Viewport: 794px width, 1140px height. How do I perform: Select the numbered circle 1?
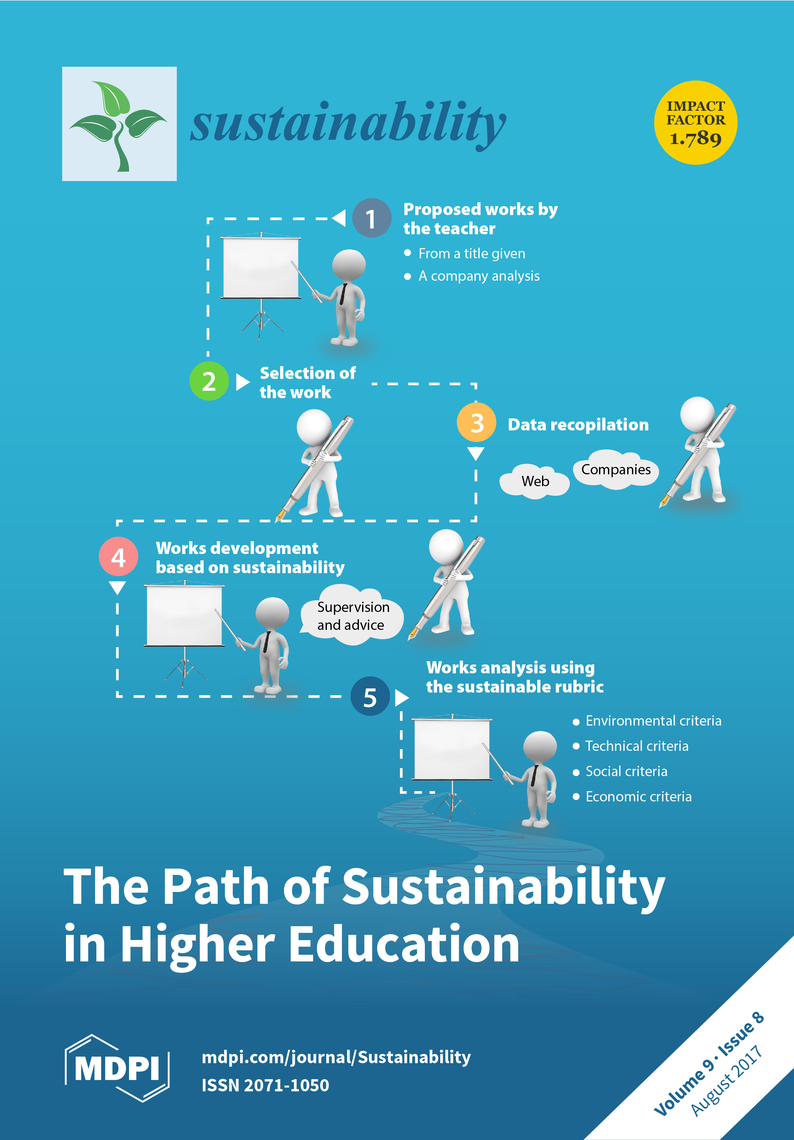pyautogui.click(x=371, y=218)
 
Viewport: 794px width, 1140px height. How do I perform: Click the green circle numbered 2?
pyautogui.click(x=209, y=381)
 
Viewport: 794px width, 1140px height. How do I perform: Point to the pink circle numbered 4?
pyautogui.click(x=118, y=557)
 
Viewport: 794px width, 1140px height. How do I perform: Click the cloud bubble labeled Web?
pyautogui.click(x=535, y=481)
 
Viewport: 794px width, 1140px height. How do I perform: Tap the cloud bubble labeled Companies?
pyautogui.click(x=616, y=469)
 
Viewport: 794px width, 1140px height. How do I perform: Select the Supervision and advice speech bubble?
pyautogui.click(x=352, y=616)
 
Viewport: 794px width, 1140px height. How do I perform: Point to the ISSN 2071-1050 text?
pyautogui.click(x=265, y=1085)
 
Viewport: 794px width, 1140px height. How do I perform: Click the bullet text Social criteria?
pyautogui.click(x=626, y=771)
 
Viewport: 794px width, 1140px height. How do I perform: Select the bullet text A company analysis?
pyautogui.click(x=479, y=276)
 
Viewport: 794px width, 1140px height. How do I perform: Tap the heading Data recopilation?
pyautogui.click(x=578, y=424)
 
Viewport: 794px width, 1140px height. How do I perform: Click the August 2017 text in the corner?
pyautogui.click(x=726, y=1081)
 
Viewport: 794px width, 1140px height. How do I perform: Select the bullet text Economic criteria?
pyautogui.click(x=638, y=796)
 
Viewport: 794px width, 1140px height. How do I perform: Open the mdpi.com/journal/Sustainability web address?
pyautogui.click(x=336, y=1057)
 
